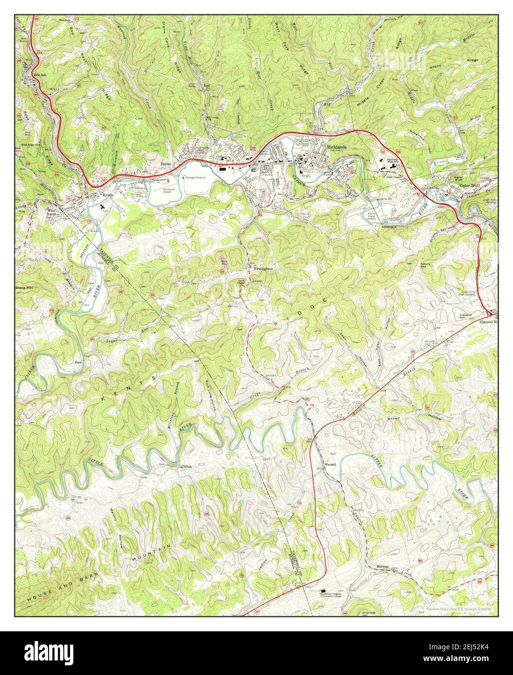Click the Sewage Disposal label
(x=195, y=178)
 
